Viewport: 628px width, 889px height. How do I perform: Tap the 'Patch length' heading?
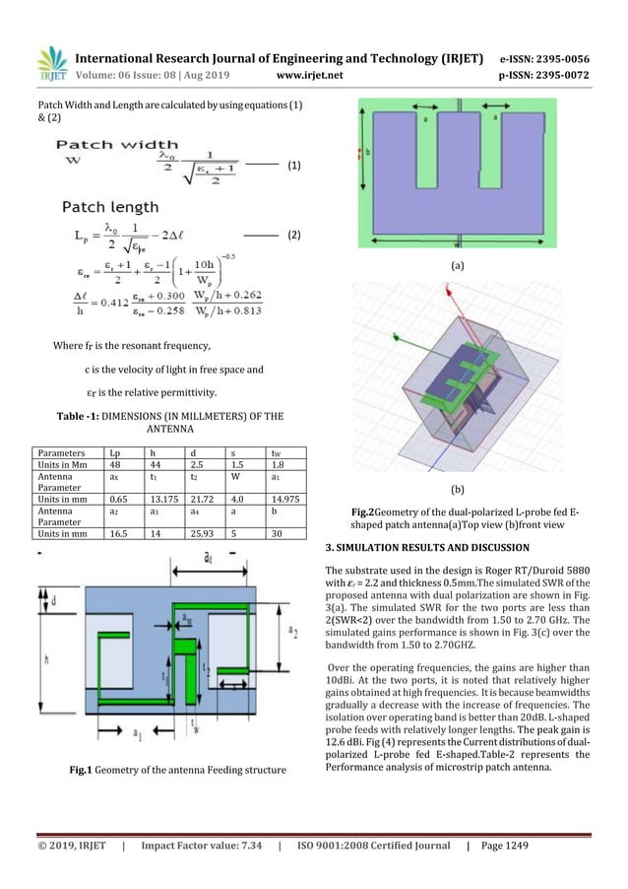110,207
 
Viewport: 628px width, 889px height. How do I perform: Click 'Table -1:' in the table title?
88,415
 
